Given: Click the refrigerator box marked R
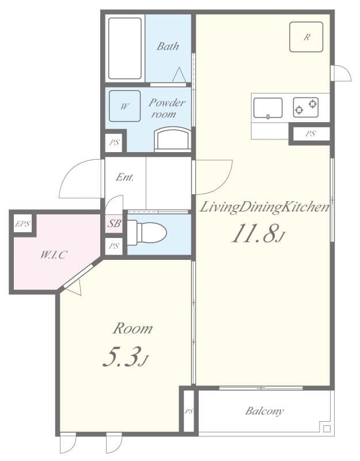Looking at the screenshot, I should coord(306,37).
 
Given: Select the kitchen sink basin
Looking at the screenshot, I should coord(268,108).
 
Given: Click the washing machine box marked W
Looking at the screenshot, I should coord(124,107).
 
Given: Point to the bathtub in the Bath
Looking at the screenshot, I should coord(124,48).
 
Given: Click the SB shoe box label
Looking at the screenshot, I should coord(114,224).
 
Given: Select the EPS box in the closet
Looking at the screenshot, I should coord(22,224).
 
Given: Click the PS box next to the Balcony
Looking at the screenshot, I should coord(188,411).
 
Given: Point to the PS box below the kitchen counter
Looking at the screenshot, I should coord(310,134).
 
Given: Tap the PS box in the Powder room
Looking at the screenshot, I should coord(114,142).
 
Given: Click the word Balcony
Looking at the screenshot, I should coord(264,411).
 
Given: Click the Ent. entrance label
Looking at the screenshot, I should coord(124,177).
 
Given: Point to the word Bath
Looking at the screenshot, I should coord(168,47).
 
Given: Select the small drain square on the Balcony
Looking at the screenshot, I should coord(327,429).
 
